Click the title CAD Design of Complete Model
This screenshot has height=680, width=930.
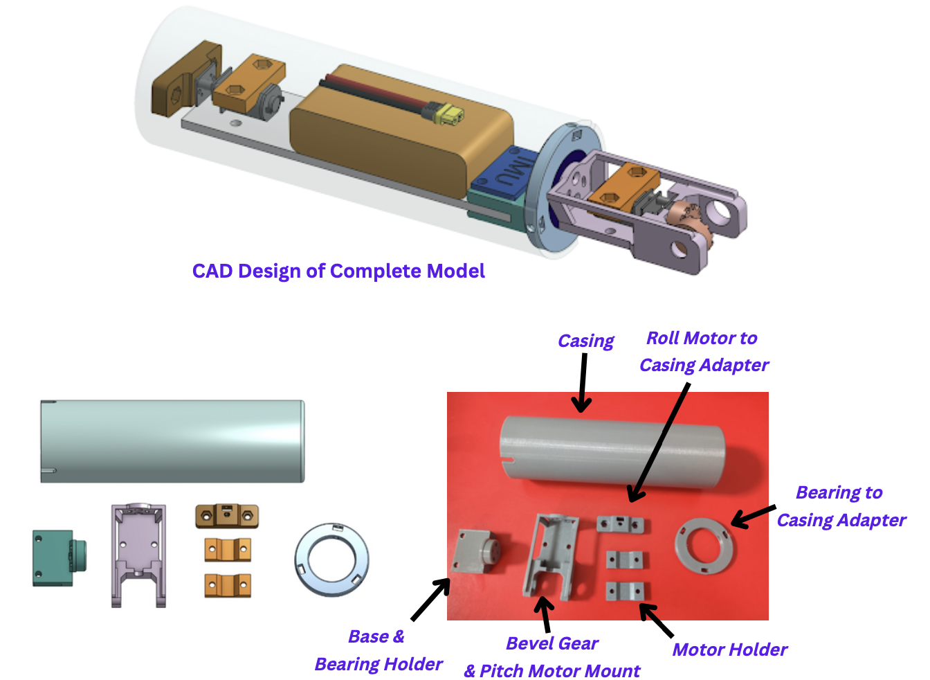coord(338,271)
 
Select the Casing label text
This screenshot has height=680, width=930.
coord(585,341)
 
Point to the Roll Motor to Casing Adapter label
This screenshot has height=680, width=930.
coord(703,352)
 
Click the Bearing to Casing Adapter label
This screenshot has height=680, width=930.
coord(840,506)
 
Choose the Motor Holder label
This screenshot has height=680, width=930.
coord(729,650)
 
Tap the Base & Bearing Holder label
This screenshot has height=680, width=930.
coord(378,650)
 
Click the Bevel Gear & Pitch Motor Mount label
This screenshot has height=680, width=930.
coord(552,657)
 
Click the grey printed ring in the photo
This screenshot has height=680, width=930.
coord(705,546)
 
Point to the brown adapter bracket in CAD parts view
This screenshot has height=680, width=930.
coord(226,516)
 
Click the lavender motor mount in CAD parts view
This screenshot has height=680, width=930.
coord(138,554)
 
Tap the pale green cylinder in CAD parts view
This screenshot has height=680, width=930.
coord(172,441)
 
